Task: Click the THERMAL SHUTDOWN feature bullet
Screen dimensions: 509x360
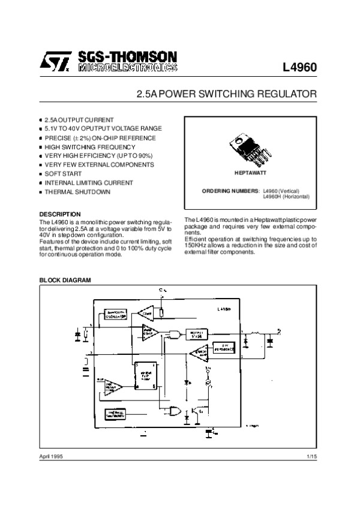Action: coord(77,191)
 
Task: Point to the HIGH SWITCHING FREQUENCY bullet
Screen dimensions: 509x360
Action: coord(81,147)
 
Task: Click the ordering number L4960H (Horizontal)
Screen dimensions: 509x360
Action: coord(286,196)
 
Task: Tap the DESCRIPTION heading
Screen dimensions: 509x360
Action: coord(59,213)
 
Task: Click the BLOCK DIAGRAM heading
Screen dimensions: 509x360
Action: coord(64,280)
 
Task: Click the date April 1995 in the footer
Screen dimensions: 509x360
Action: coord(51,457)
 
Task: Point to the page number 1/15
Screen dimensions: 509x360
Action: coord(311,457)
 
